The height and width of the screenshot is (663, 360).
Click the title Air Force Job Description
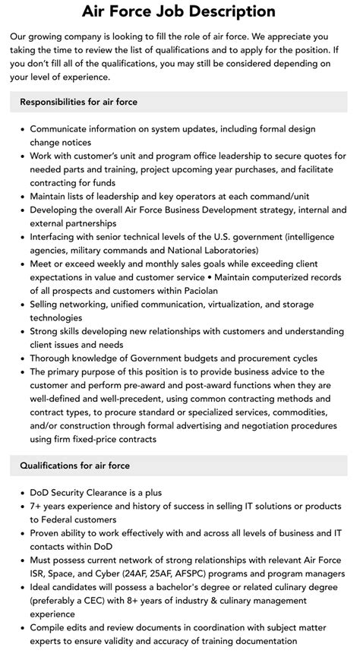point(179,11)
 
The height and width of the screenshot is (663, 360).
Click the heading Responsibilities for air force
point(78,102)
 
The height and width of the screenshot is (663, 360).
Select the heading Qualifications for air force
point(74,466)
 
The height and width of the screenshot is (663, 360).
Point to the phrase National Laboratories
point(213,250)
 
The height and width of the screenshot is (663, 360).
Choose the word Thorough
point(53,358)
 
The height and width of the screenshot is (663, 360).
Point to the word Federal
point(49,519)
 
